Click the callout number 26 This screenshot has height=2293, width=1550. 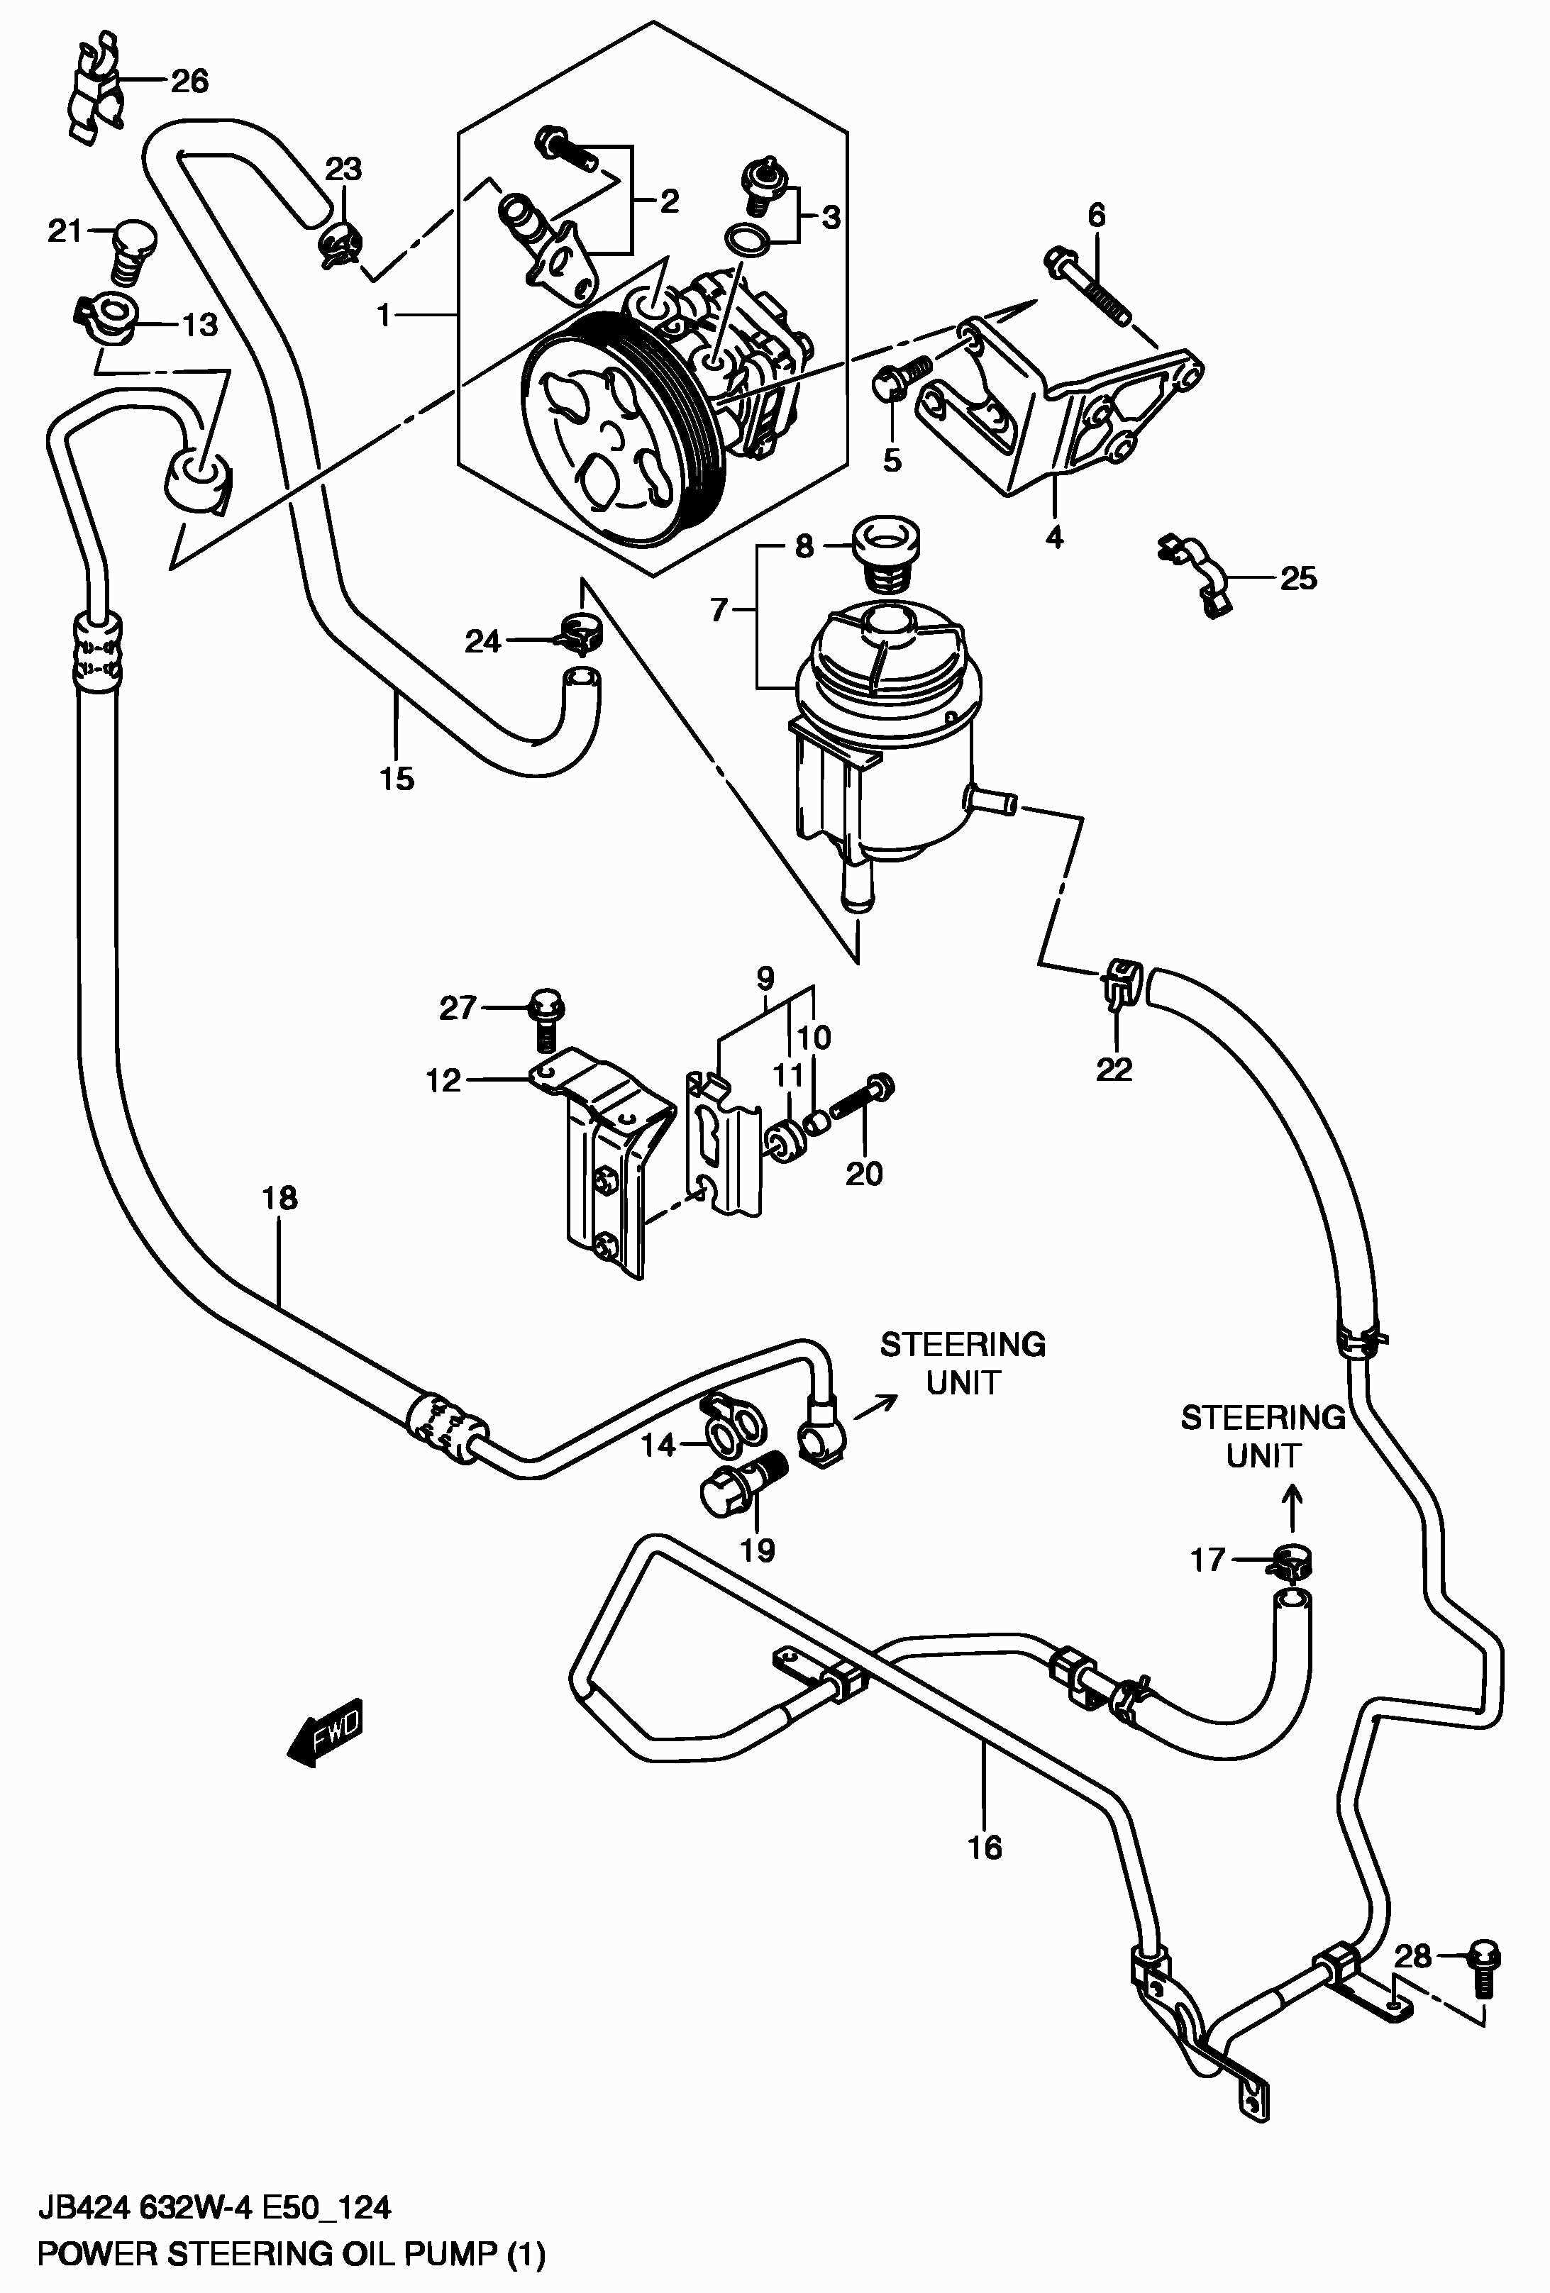point(189,81)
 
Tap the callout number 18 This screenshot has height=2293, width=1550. point(279,1199)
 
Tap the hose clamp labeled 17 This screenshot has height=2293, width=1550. point(1290,1562)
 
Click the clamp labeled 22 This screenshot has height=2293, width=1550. point(1119,982)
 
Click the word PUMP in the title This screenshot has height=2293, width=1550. point(454,2253)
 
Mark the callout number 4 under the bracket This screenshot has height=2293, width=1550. point(1053,538)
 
